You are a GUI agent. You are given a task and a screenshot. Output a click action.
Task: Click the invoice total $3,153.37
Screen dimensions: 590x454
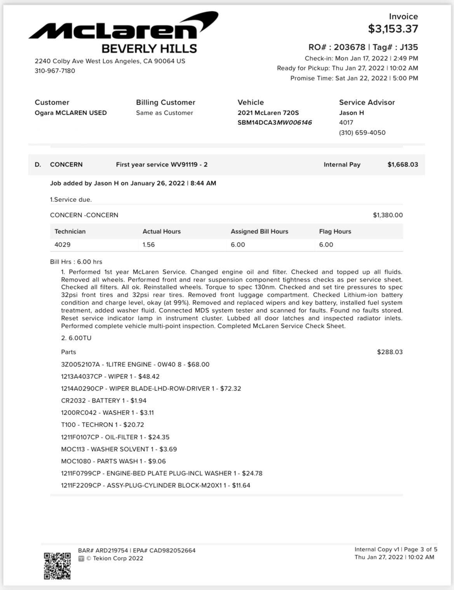tap(393, 29)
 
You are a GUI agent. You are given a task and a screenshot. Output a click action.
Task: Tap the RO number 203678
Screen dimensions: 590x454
tap(350, 47)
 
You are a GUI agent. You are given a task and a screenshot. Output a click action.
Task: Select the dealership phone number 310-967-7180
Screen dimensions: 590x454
tap(55, 71)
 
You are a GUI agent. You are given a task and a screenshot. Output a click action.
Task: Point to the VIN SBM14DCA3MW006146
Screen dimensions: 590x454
tap(275, 123)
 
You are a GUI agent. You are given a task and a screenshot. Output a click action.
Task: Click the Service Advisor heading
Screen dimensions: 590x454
tap(367, 102)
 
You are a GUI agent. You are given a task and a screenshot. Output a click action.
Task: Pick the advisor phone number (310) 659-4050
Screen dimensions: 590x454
tap(362, 133)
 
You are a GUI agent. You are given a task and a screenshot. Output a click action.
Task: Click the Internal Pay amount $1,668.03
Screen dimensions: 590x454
tap(402, 165)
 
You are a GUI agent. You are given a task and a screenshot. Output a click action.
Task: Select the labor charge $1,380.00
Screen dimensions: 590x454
tap(388, 215)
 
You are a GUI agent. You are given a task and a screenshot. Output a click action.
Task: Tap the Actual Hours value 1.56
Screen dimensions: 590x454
tap(148, 245)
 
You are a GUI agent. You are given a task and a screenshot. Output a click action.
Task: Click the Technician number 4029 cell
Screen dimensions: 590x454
tap(63, 245)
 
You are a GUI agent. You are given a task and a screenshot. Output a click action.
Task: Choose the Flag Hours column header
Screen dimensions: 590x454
tap(335, 231)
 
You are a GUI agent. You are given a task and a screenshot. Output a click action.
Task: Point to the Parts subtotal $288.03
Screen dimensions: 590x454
tap(390, 352)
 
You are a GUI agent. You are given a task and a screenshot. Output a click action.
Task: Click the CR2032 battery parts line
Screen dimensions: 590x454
tap(103, 401)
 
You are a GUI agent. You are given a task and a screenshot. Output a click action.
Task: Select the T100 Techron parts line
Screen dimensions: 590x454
tap(102, 425)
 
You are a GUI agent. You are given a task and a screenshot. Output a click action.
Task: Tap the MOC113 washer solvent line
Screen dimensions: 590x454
tap(118, 449)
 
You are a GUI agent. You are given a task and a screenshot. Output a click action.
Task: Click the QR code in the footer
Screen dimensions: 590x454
tap(57, 566)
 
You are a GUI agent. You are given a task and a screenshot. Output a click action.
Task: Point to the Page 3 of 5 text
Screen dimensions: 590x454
tap(420, 550)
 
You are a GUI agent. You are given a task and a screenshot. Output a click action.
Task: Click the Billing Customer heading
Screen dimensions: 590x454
tap(165, 102)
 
